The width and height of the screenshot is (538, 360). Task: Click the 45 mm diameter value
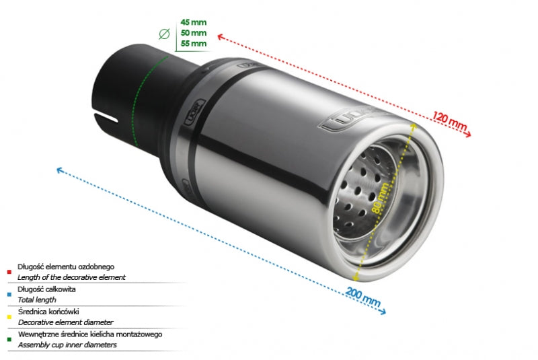194,22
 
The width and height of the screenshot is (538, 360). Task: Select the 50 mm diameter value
194,33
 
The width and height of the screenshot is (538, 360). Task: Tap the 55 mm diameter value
194,44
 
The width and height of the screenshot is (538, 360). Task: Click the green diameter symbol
164,34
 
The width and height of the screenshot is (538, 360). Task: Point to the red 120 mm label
449,121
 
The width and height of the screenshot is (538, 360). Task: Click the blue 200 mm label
363,297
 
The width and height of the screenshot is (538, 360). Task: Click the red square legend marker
9,272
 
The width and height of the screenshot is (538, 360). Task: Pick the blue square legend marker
9,295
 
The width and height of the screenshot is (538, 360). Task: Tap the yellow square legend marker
9,317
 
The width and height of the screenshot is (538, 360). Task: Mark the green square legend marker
9,339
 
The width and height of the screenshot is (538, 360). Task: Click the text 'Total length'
37,300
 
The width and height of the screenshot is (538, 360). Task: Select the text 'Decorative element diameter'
65,322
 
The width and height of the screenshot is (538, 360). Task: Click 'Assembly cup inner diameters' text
67,345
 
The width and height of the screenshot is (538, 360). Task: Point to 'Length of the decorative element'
71,277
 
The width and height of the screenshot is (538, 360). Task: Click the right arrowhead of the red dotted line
468,135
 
